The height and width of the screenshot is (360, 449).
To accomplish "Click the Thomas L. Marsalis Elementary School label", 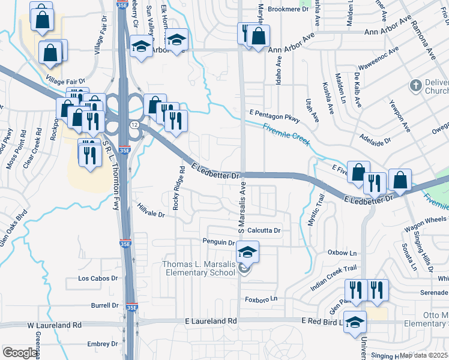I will coord(199,269).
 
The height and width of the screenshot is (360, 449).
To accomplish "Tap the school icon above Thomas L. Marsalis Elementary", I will coord(247,253).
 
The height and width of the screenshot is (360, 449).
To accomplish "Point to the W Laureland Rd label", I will coord(54,325).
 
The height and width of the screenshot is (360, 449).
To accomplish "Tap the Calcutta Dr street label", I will coord(264,230).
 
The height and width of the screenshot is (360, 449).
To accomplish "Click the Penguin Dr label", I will coord(218,242).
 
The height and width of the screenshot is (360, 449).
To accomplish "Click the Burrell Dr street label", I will coord(104,305).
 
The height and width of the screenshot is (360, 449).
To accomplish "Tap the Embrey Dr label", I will coord(102,344).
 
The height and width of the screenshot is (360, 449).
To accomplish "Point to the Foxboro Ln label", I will coord(261,299).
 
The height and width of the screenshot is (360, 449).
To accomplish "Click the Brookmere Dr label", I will coord(288,9).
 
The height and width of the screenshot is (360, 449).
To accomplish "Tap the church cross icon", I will coord(414,85).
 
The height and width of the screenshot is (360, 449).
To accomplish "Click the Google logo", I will coord(19,353).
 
